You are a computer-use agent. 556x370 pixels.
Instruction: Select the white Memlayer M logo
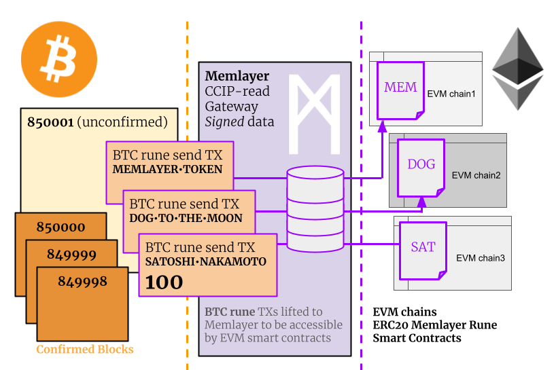[x=314, y=113]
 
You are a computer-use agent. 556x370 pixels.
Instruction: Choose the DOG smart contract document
[x=421, y=164]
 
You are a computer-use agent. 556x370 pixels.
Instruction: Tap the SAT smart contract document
[x=423, y=247]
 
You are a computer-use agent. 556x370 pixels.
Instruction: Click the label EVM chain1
[x=451, y=93]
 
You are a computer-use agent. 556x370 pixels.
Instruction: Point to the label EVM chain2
[x=476, y=175]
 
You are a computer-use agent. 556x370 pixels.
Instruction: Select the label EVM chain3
[x=480, y=258]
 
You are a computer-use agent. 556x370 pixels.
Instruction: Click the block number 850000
[x=60, y=227]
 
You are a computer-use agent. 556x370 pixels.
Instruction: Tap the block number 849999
[x=71, y=254]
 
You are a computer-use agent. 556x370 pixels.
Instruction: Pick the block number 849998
[x=82, y=281]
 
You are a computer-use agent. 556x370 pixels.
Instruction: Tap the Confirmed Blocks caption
[x=85, y=350]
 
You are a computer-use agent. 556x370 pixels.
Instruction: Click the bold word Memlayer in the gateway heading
[x=237, y=76]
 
